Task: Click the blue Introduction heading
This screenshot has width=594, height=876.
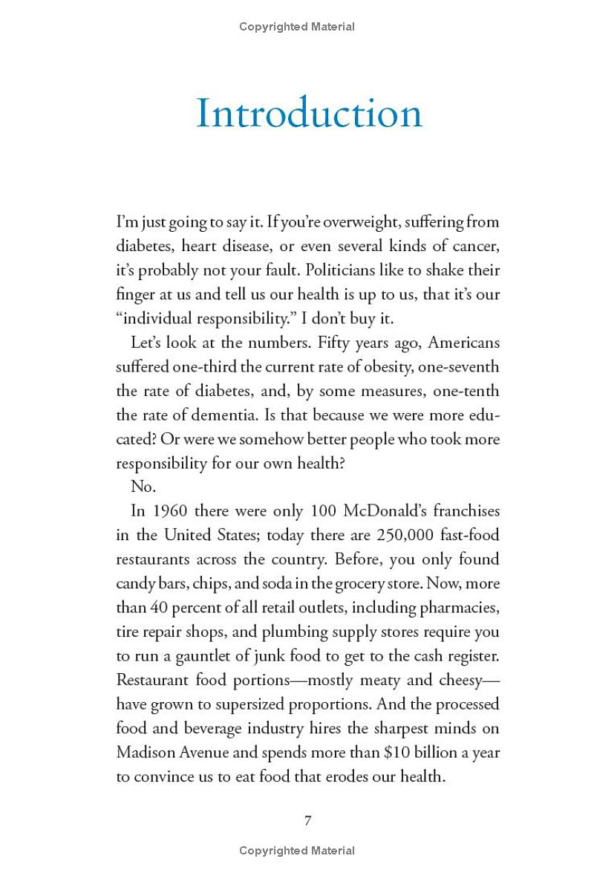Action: [308, 114]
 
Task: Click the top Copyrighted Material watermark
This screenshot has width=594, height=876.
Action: [297, 27]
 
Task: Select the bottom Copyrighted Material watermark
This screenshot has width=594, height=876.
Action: [297, 851]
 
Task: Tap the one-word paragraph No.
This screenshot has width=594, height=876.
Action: [141, 487]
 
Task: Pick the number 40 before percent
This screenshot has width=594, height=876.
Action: [154, 607]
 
